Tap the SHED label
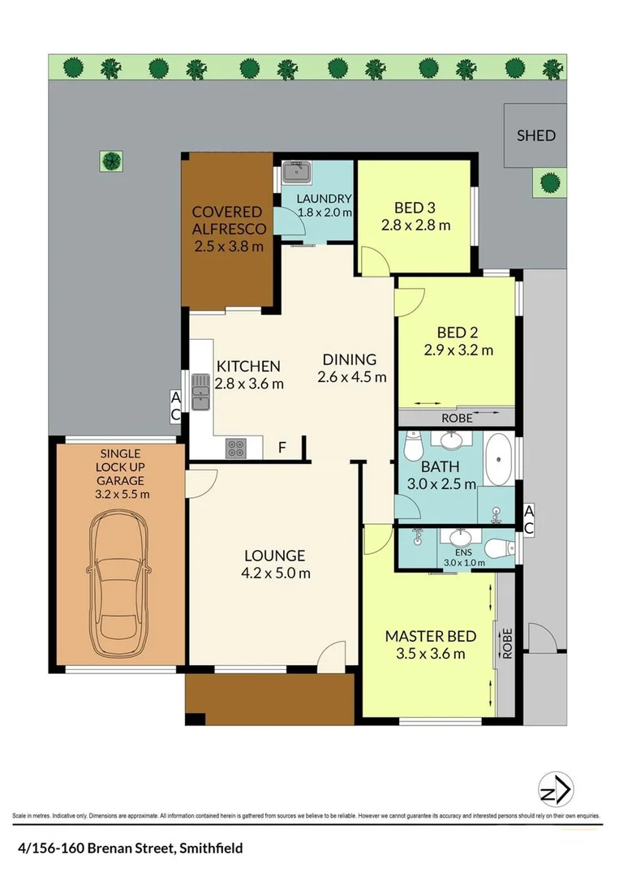[x=536, y=135]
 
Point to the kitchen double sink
[x=200, y=392]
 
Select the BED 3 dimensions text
[x=415, y=225]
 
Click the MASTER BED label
[x=430, y=636]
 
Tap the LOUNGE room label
[x=275, y=556]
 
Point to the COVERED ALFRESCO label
[x=227, y=220]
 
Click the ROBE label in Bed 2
[x=456, y=419]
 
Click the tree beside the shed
[x=549, y=182]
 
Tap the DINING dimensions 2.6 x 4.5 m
[x=351, y=377]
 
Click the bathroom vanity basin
[x=449, y=441]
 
